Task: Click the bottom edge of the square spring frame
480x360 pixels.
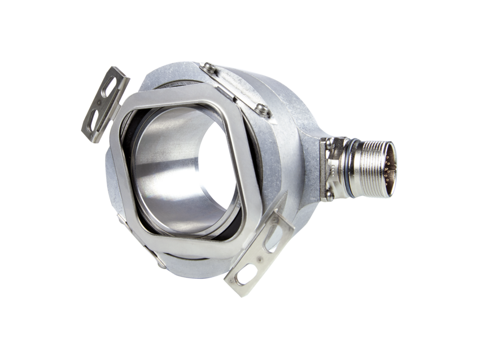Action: (x=192, y=249)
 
